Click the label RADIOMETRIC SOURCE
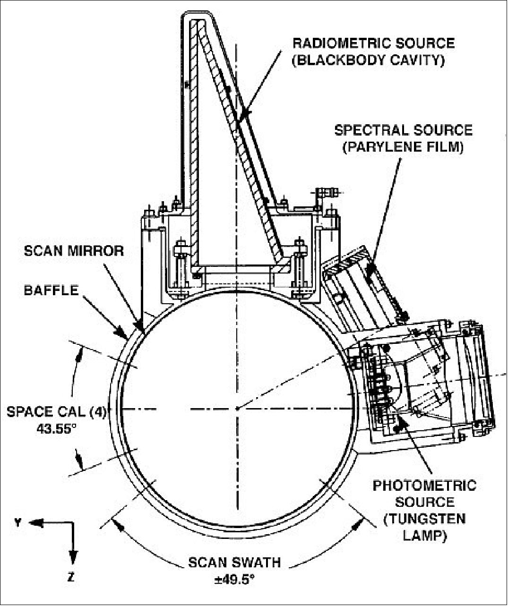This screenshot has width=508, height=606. [373, 43]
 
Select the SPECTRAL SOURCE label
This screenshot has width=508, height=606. [403, 129]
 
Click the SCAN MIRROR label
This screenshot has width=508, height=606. [74, 250]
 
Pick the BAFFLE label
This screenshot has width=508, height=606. [51, 290]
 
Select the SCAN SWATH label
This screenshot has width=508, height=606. [234, 563]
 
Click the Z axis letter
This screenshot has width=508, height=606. [71, 577]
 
